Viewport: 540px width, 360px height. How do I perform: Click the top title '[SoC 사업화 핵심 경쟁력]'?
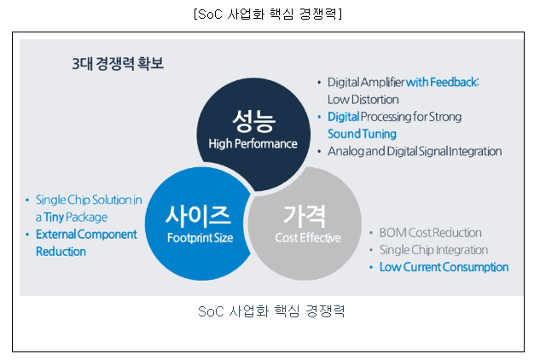pos(269,15)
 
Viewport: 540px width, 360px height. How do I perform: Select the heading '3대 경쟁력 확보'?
pos(117,64)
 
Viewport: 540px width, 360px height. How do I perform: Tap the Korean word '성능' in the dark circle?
pos(253,119)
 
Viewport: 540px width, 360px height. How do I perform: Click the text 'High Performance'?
pos(253,143)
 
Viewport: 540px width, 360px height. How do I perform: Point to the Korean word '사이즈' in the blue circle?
pos(199,213)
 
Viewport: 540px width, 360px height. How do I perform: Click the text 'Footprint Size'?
pos(199,238)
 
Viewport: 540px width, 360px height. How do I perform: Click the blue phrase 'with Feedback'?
pos(441,82)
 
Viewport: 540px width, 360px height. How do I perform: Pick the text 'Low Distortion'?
pos(363,99)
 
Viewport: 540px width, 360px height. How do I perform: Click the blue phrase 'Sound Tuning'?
pos(362,134)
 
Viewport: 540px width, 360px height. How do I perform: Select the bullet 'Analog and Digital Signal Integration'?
pos(415,151)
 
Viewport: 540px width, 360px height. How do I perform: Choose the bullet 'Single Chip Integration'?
pos(433,250)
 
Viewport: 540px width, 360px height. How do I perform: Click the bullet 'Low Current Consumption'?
pos(444,267)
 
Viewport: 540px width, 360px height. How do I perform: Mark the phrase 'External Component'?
pos(86,234)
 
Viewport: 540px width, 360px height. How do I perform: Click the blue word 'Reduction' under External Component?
pos(61,252)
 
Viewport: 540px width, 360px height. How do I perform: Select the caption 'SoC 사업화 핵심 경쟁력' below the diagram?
pos(270,311)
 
